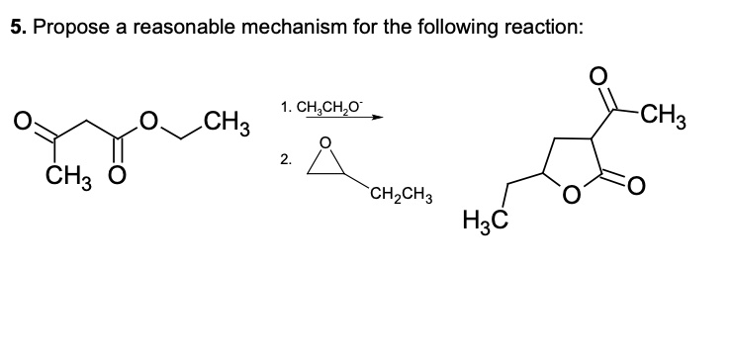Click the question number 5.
pyautogui.click(x=17, y=28)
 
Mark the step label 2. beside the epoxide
pyautogui.click(x=286, y=158)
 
